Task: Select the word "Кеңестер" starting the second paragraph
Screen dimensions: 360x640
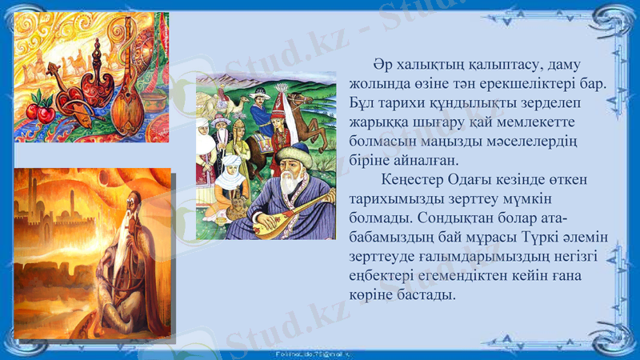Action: (x=414, y=179)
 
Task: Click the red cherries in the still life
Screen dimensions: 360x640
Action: (x=40, y=110)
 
